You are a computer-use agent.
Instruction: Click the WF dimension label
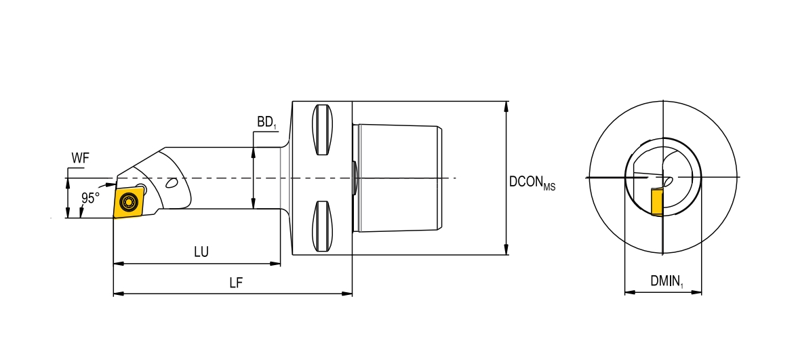coord(80,159)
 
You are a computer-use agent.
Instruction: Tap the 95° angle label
coord(90,198)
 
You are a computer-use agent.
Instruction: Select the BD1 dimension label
coord(266,122)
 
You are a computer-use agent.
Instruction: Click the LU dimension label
coord(201,252)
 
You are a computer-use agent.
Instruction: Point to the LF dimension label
coord(235,283)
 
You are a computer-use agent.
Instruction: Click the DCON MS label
coord(532,182)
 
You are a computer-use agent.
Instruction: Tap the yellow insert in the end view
coord(656,202)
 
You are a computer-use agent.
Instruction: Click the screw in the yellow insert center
coord(127,202)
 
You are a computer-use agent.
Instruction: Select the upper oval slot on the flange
coord(322,130)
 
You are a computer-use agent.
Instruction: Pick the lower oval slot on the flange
coord(322,226)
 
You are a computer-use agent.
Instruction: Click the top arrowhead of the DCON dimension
coord(507,106)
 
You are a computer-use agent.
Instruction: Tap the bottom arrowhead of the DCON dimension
coord(507,251)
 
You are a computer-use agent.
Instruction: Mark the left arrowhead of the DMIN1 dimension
coord(628,293)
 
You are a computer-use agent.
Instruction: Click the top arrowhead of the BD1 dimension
coord(254,153)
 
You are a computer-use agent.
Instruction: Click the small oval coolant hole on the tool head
coord(172,182)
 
